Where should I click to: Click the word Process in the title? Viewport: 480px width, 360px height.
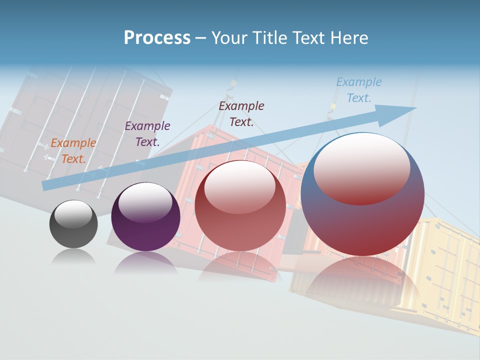click(x=157, y=38)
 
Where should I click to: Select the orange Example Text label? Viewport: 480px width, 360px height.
click(x=73, y=151)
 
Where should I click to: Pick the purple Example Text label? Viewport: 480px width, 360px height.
click(x=147, y=134)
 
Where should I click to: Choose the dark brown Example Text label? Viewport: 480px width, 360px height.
click(x=241, y=114)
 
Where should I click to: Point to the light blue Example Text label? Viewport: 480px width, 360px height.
click(x=359, y=90)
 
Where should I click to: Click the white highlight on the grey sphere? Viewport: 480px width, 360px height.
click(x=73, y=214)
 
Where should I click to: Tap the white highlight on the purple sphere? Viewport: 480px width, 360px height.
click(x=145, y=202)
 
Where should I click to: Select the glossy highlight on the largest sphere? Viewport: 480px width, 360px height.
click(x=361, y=168)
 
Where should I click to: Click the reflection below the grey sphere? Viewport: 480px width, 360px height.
click(x=73, y=256)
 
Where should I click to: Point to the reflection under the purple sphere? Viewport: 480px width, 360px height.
click(x=145, y=262)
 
